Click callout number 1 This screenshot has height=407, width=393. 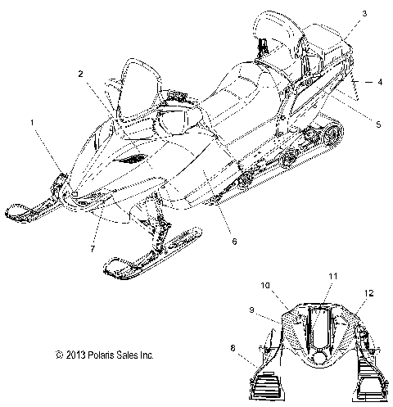32,122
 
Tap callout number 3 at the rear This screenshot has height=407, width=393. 341,14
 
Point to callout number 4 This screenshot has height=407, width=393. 380,82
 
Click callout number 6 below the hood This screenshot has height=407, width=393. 233,242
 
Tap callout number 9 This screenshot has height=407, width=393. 252,310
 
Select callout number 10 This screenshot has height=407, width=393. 265,286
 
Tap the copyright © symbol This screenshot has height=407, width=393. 36,355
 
